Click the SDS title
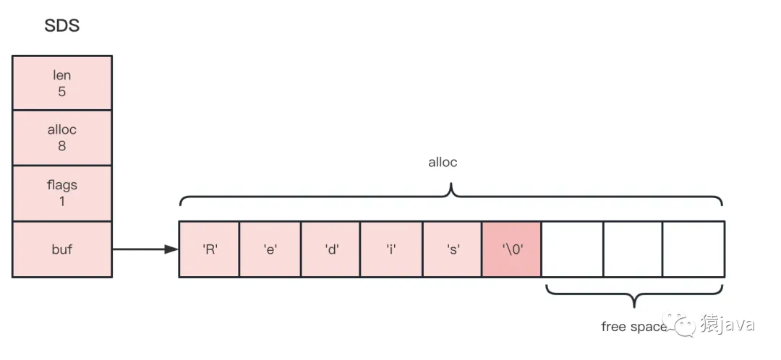tap(61, 27)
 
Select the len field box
tap(62, 83)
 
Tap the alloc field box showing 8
tap(62, 137)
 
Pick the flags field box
tap(62, 193)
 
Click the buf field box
tap(62, 249)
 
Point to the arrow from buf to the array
tap(145, 249)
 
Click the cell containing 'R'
tap(209, 249)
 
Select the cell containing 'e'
tap(270, 249)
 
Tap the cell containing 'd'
tap(330, 249)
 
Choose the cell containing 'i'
tap(391, 249)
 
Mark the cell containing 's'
tap(452, 249)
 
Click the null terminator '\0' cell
tap(511, 249)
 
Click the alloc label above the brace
tap(443, 163)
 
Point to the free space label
tap(633, 327)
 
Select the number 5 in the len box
tap(62, 92)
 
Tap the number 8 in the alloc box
tap(62, 145)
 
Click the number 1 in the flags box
tap(62, 202)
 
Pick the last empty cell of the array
tap(693, 249)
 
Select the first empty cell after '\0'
tap(572, 249)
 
